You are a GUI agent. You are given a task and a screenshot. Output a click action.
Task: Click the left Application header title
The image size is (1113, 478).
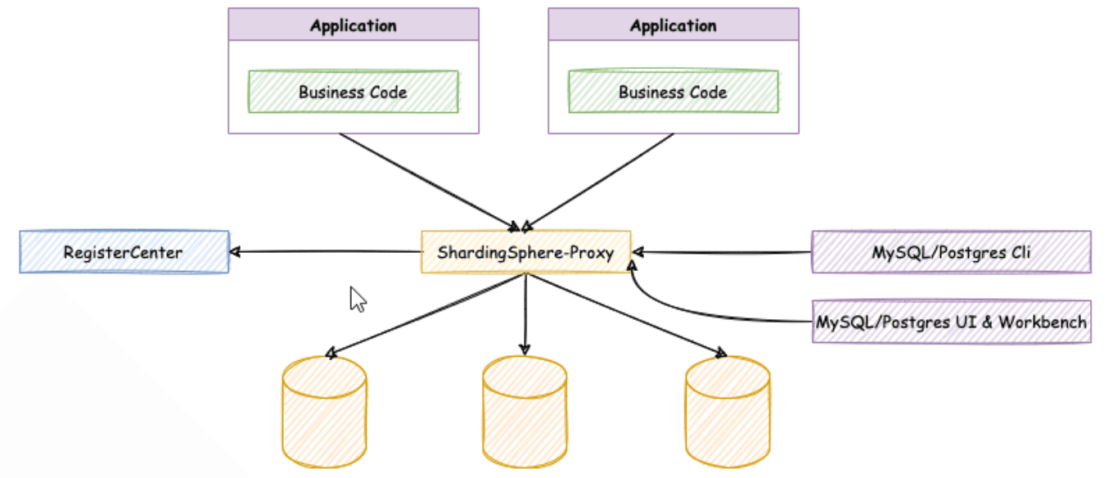coord(354,25)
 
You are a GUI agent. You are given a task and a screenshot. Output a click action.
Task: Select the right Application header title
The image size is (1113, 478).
coord(674,25)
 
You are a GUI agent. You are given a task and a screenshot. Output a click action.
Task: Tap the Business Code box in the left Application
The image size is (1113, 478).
coord(354,92)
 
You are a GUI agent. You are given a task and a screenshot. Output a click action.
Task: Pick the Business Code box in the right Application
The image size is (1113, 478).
coord(674,92)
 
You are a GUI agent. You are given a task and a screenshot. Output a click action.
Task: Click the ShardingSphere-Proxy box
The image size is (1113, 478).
coord(525,252)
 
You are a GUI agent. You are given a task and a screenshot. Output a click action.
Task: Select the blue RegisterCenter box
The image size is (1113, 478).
coord(124,252)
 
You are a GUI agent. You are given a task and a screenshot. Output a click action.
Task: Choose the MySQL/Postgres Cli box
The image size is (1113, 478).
coord(952,252)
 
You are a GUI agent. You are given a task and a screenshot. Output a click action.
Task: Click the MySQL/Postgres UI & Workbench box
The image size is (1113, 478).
coord(952,322)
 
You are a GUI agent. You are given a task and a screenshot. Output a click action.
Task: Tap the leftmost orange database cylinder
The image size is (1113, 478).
coord(324,412)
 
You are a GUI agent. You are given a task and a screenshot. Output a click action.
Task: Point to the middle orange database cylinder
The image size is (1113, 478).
coord(525,412)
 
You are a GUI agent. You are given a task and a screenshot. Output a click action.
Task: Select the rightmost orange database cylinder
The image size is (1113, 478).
coord(728,412)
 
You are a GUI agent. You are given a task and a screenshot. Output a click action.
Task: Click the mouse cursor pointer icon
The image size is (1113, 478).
coord(358,299)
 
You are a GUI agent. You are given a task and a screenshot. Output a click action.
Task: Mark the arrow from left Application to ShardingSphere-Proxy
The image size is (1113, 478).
coord(430,183)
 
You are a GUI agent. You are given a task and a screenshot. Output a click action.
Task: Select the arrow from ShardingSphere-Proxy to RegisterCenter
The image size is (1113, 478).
coord(326,252)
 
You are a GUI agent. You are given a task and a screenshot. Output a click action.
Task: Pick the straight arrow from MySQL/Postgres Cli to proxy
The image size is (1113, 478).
coord(723,252)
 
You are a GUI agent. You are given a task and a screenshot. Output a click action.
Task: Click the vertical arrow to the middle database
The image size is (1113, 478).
coord(525,314)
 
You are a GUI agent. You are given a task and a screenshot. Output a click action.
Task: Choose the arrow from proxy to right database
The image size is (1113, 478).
coord(627,315)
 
